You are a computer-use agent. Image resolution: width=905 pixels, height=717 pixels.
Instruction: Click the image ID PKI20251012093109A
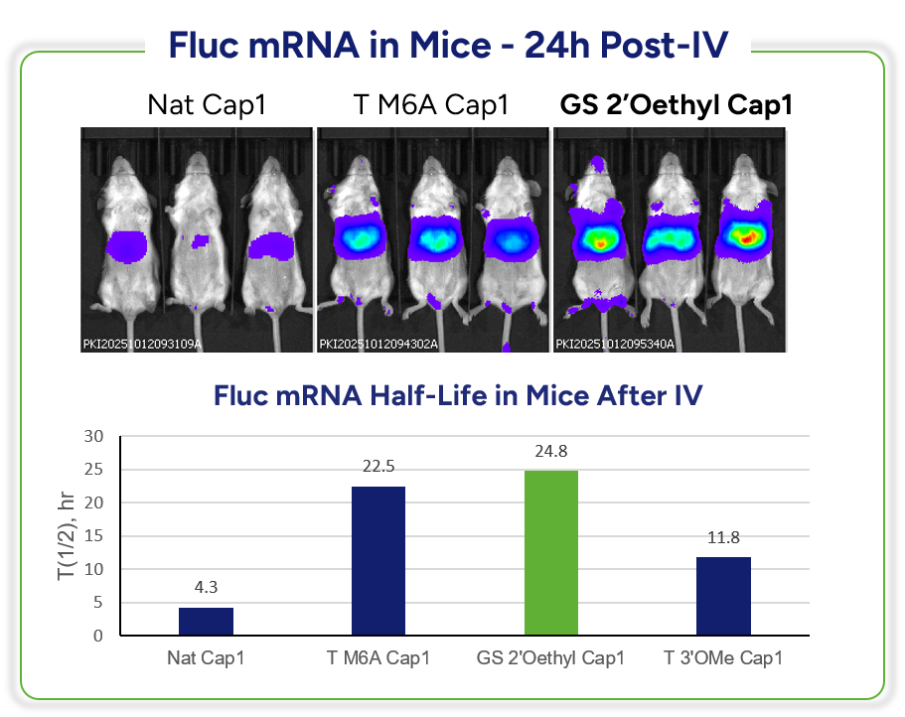pyautogui.click(x=142, y=345)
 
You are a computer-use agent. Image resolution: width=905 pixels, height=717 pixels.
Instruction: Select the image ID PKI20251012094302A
pyautogui.click(x=378, y=345)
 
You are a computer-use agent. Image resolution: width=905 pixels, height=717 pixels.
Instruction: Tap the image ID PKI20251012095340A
pyautogui.click(x=615, y=345)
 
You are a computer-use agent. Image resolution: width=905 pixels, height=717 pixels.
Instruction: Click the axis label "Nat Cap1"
pyautogui.click(x=206, y=658)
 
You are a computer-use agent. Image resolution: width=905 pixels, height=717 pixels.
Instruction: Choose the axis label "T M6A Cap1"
pyautogui.click(x=378, y=658)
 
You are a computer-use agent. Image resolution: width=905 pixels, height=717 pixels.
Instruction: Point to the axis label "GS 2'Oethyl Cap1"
pyautogui.click(x=551, y=658)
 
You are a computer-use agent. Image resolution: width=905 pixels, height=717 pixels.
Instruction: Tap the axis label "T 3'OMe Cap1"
pyautogui.click(x=723, y=658)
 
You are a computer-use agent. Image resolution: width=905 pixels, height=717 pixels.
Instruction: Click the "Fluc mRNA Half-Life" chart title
pyautogui.click(x=458, y=395)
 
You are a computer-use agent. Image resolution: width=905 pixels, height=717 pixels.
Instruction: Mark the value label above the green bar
pyautogui.click(x=551, y=457)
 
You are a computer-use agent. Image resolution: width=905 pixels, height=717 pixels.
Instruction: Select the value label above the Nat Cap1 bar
pyautogui.click(x=207, y=593)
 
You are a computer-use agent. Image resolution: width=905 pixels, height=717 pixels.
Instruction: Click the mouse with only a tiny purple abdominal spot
pyautogui.click(x=199, y=238)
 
